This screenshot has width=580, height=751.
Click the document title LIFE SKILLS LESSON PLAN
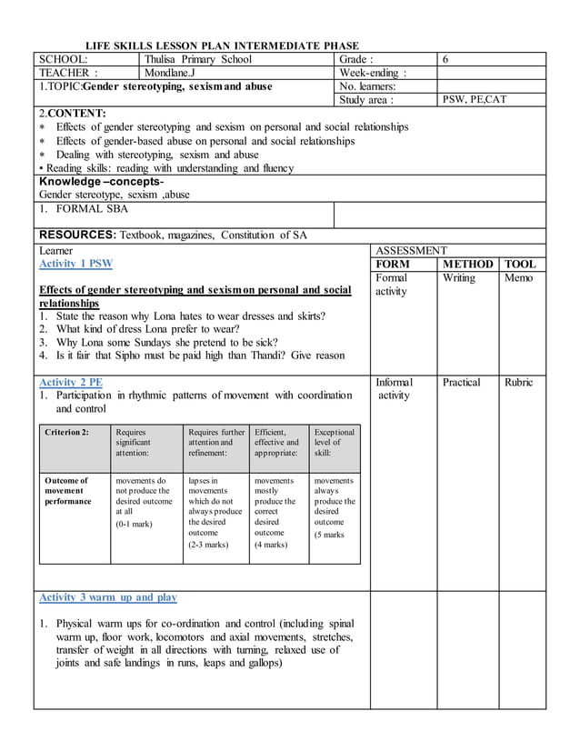pyautogui.click(x=222, y=45)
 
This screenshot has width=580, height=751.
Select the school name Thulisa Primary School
pyautogui.click(x=198, y=59)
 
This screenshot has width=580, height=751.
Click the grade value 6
pyautogui.click(x=445, y=59)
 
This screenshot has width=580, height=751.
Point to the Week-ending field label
pyautogui.click(x=373, y=73)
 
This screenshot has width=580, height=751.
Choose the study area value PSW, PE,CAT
pyautogui.click(x=475, y=99)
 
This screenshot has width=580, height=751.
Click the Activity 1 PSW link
pyautogui.click(x=75, y=264)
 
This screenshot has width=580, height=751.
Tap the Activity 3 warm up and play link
pyautogui.click(x=107, y=597)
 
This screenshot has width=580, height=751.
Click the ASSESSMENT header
pyautogui.click(x=411, y=250)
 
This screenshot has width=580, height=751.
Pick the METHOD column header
pyautogui.click(x=467, y=264)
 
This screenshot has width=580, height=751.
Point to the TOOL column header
pyautogui.click(x=521, y=264)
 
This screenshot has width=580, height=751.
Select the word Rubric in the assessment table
pyautogui.click(x=519, y=382)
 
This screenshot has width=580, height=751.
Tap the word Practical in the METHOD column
pyautogui.click(x=462, y=382)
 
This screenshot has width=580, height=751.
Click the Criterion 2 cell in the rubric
pyautogui.click(x=67, y=432)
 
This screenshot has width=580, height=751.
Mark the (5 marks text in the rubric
pyautogui.click(x=329, y=535)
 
